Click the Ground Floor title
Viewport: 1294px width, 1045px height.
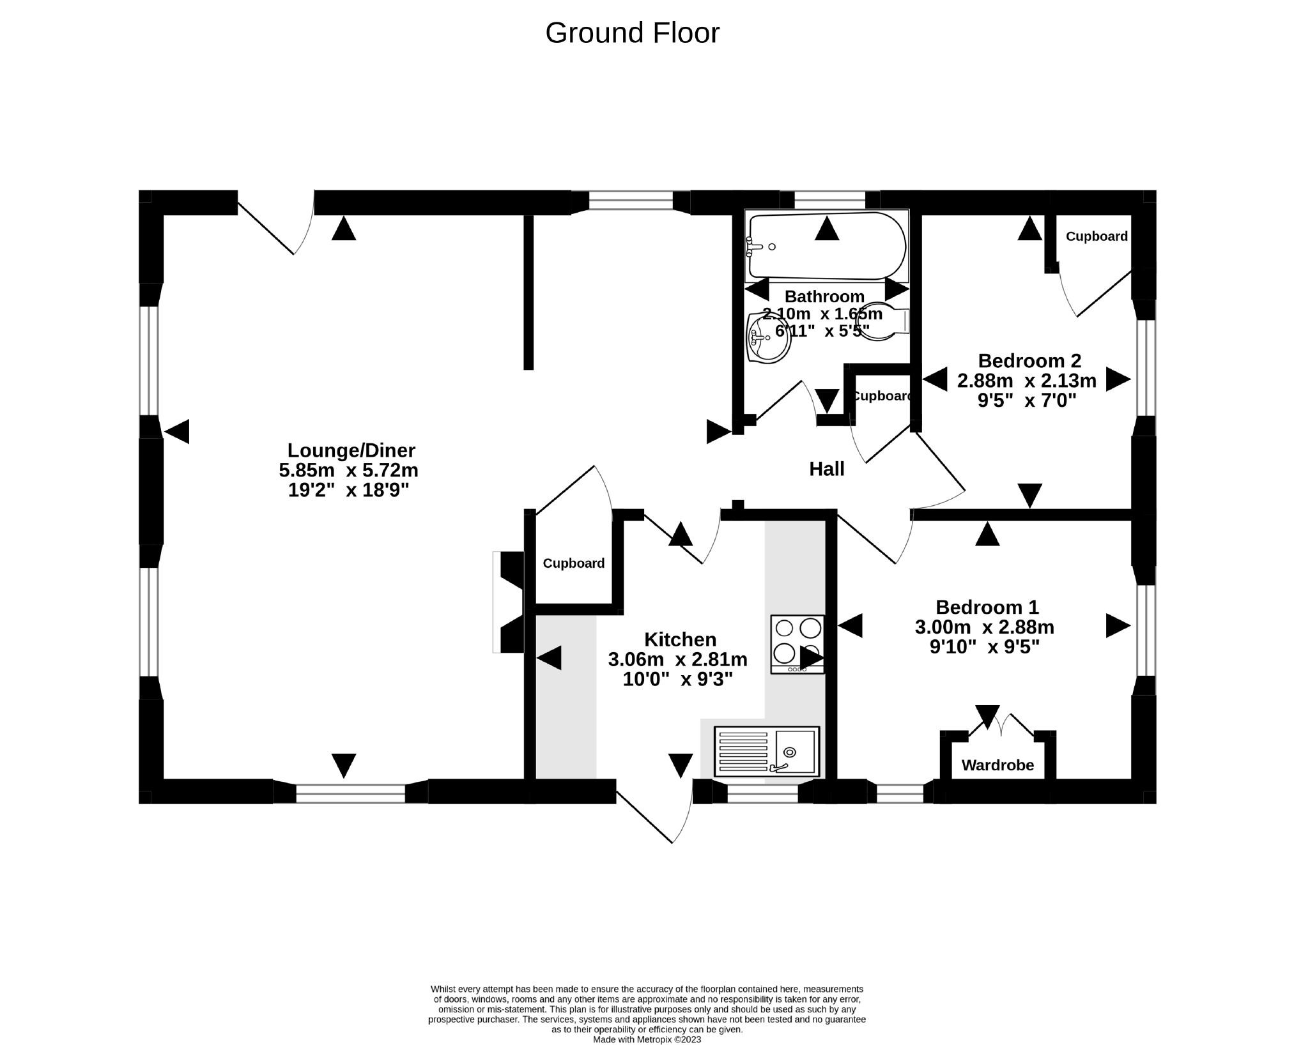(632, 33)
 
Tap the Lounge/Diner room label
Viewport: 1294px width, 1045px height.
(351, 450)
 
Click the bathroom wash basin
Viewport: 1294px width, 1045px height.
(769, 337)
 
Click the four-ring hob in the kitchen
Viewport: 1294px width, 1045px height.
(797, 643)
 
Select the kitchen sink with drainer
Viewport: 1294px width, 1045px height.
(766, 751)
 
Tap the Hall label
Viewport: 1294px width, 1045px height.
(826, 469)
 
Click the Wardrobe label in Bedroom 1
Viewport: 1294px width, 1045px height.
(997, 765)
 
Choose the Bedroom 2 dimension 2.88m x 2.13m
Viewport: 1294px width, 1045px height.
(1026, 381)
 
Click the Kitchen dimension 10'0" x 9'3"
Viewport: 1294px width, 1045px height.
(677, 679)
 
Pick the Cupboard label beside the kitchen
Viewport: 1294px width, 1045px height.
(573, 563)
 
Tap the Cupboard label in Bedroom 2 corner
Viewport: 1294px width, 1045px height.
(1096, 236)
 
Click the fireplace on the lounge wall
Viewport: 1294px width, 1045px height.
(509, 602)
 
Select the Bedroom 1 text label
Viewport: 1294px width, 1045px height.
(987, 607)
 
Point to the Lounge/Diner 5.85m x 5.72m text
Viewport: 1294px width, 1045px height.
(348, 471)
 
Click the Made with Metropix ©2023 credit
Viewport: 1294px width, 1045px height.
(647, 1039)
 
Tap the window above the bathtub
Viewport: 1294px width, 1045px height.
(829, 201)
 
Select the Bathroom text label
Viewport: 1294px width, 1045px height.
(824, 296)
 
